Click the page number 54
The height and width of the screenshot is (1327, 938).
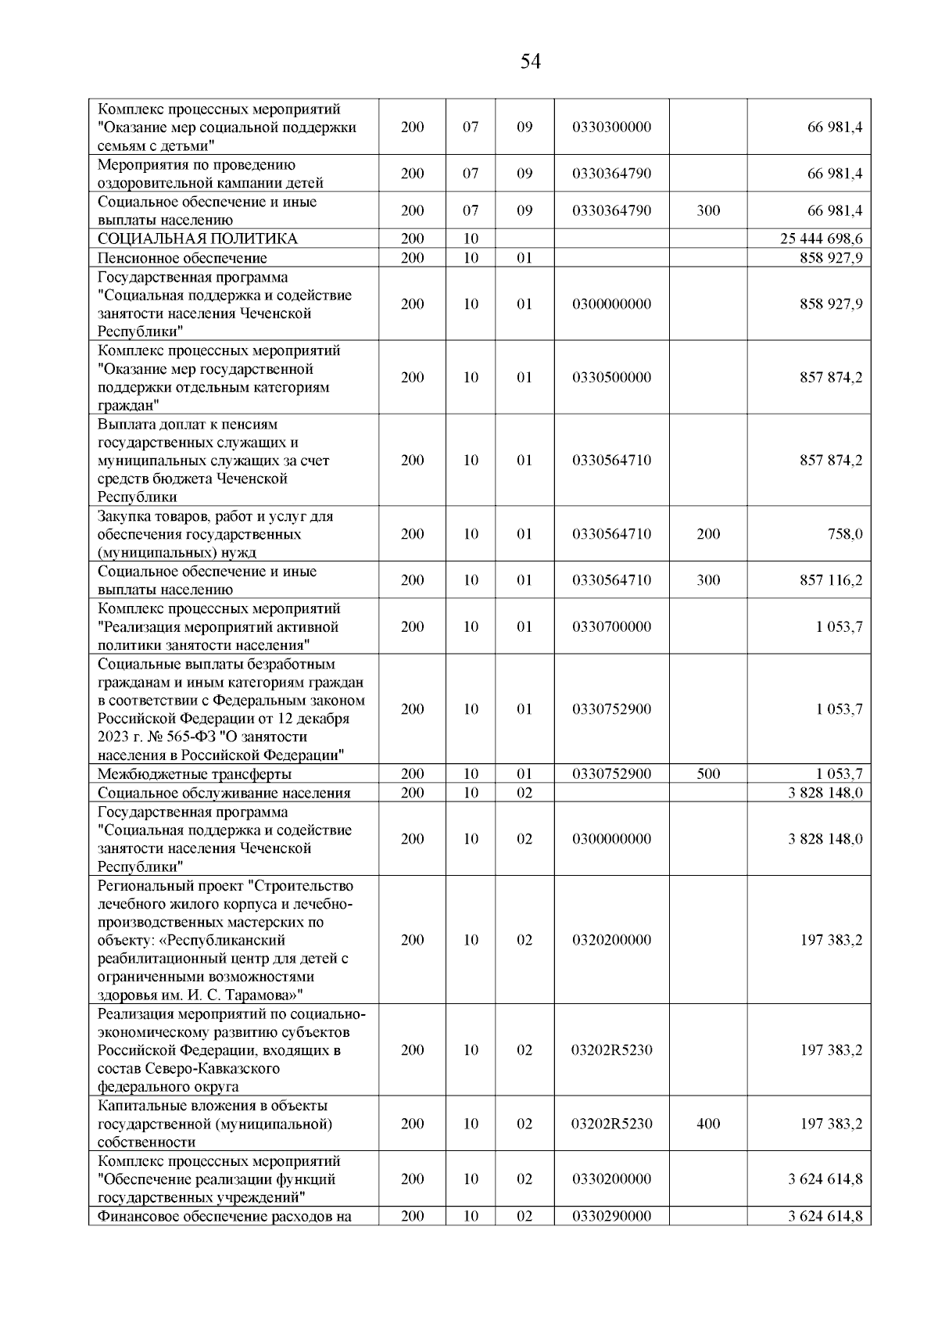pyautogui.click(x=530, y=62)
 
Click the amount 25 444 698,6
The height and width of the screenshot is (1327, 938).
pyautogui.click(x=821, y=239)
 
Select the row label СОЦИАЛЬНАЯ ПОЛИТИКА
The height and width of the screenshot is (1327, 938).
pyautogui.click(x=198, y=239)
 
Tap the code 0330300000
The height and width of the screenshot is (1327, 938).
pyautogui.click(x=611, y=127)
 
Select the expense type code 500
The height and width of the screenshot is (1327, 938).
pyautogui.click(x=708, y=774)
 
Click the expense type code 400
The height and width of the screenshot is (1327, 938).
pyautogui.click(x=708, y=1124)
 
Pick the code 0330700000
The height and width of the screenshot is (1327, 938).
pyautogui.click(x=611, y=626)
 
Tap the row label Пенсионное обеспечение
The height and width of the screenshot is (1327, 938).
pyautogui.click(x=182, y=258)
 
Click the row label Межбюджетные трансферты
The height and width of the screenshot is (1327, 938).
pyautogui.click(x=195, y=774)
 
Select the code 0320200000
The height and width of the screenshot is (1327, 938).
pyautogui.click(x=611, y=940)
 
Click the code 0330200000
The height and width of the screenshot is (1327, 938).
pyautogui.click(x=611, y=1179)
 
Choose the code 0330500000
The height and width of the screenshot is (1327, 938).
pyautogui.click(x=611, y=378)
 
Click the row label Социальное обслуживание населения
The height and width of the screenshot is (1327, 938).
pyautogui.click(x=224, y=793)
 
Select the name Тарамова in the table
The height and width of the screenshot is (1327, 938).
pyautogui.click(x=263, y=995)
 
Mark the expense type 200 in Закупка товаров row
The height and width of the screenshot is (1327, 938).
pyautogui.click(x=708, y=534)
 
